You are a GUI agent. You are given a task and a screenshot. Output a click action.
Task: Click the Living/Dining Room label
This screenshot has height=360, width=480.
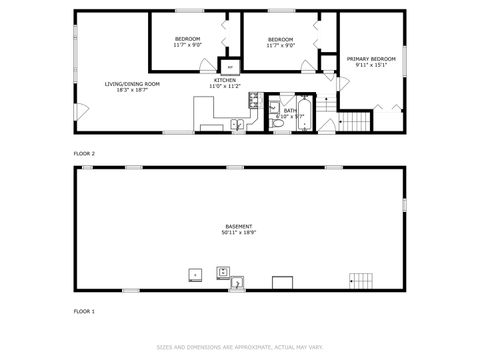132,83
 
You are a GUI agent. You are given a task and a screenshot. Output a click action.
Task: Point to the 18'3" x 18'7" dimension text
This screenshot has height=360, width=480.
132,90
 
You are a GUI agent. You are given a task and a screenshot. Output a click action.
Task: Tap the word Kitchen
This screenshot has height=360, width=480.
225,80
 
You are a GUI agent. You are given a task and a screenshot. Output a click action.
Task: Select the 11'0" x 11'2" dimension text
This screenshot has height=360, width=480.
225,87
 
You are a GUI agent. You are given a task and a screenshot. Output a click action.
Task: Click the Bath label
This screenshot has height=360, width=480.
289,110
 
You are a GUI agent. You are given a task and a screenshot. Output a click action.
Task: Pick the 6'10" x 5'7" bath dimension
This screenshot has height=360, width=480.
289,117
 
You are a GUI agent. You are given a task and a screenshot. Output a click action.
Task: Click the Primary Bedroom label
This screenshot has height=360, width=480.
370,59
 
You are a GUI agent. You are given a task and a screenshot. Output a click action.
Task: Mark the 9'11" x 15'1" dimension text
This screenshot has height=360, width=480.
370,66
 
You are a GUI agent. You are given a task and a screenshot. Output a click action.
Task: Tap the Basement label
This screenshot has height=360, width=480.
239,226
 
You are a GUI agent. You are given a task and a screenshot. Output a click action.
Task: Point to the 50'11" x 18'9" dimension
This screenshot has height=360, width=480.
239,233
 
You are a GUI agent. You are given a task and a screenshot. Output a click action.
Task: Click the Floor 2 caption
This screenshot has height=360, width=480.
84,153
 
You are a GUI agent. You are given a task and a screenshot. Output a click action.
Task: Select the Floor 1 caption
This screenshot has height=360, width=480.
84,311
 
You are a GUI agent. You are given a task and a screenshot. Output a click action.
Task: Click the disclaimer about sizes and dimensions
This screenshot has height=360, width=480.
240,347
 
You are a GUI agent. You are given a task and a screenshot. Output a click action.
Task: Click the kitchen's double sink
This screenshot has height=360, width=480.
237,124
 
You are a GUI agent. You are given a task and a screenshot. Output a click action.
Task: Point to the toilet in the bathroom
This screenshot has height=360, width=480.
280,124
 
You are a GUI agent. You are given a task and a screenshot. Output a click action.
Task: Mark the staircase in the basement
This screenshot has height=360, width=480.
360,280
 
